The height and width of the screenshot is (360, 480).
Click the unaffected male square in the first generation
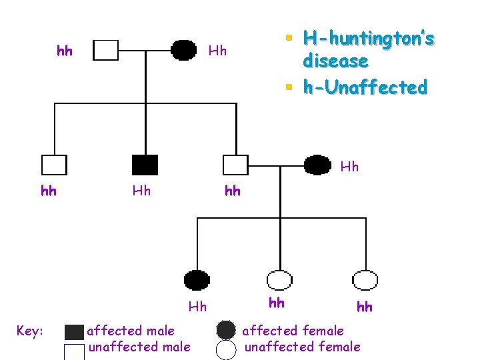click(105, 50)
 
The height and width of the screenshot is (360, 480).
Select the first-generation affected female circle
click(184, 49)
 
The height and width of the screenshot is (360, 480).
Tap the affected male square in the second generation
click(145, 165)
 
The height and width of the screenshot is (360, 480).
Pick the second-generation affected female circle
click(317, 164)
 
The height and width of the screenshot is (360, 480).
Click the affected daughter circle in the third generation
click(197, 280)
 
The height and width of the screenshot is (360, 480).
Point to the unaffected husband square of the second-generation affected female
click(235, 165)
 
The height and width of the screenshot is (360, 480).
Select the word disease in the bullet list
click(335, 61)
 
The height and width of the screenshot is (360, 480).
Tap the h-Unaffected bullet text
click(365, 87)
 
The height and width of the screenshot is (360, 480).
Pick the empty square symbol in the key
click(75, 351)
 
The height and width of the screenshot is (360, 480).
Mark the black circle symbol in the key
click(226, 330)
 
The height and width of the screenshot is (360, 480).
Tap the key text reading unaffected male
click(139, 347)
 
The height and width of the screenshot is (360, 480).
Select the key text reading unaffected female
click(302, 347)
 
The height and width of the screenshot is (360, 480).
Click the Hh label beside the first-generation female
click(217, 51)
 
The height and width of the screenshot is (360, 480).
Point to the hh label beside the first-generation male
click(65, 51)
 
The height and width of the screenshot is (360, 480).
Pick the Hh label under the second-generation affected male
click(141, 191)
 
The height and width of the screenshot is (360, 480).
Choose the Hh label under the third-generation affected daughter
click(197, 307)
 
